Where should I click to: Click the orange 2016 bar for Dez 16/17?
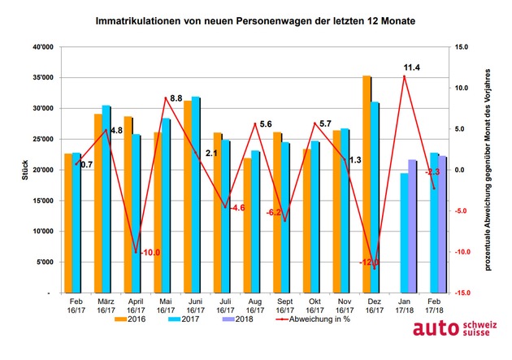pos(367,184)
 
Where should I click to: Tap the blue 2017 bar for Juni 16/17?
pos(196,194)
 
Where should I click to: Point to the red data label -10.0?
pos(150,253)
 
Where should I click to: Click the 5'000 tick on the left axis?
pos(42,262)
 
